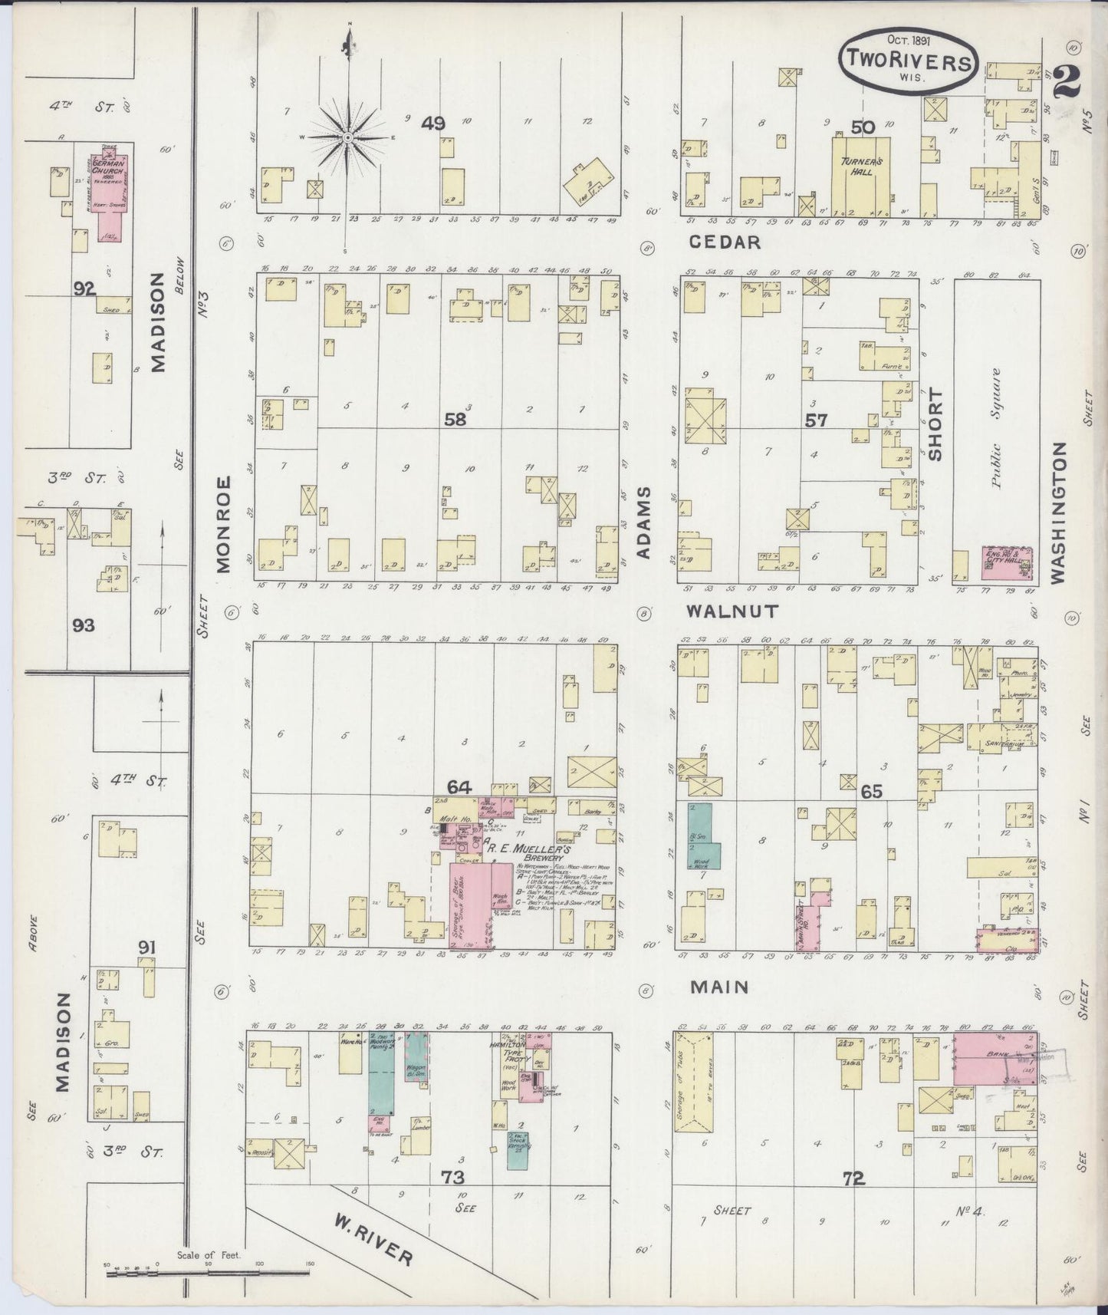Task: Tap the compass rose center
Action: tap(347, 137)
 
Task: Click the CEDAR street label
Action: tap(725, 242)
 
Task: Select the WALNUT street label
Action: tap(732, 611)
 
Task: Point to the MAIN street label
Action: tap(718, 987)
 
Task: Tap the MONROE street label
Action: tap(222, 524)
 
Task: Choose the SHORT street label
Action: tap(935, 424)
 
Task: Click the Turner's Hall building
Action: tap(862, 173)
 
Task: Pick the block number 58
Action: tap(455, 419)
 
